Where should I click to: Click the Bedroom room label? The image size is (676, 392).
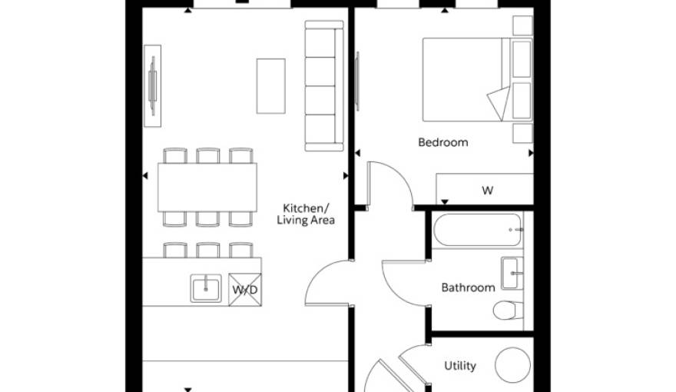[x=442, y=142]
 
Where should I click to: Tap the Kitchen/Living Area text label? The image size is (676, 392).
[x=306, y=214]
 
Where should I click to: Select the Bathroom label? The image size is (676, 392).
[x=468, y=287]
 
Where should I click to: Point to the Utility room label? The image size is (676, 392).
[x=460, y=366]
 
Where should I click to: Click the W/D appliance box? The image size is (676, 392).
[x=245, y=290]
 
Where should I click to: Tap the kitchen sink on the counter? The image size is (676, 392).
[x=206, y=288]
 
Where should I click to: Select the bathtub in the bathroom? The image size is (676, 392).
[x=478, y=230]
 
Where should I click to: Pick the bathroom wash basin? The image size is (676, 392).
[x=512, y=273]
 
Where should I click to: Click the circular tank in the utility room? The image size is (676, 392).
[x=512, y=365]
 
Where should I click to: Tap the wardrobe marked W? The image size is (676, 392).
[x=485, y=189]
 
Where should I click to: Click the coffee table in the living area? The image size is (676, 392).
[x=270, y=86]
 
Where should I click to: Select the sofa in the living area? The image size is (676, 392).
[x=324, y=86]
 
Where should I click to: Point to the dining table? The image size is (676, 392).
[x=207, y=187]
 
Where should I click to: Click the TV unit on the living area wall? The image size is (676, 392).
[x=152, y=86]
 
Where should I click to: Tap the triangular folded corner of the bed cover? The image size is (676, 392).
[x=499, y=103]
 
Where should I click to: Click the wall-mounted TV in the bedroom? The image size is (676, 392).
[x=357, y=81]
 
